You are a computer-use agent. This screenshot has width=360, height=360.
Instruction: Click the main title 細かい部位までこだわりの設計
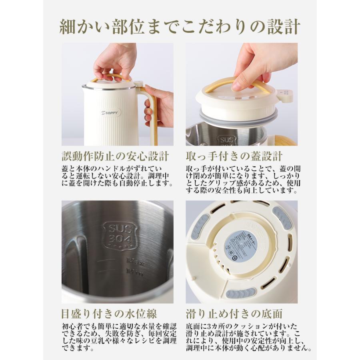pyautogui.click(x=180, y=26)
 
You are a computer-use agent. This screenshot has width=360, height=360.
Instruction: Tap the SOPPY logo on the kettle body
pyautogui.click(x=110, y=113)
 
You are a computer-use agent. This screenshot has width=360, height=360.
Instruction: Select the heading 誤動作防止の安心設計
pyautogui.click(x=115, y=156)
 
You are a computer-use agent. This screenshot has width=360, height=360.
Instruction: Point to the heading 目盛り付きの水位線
pyautogui.click(x=109, y=313)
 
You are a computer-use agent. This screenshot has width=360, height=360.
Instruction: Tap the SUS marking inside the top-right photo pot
pyautogui.click(x=227, y=140)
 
